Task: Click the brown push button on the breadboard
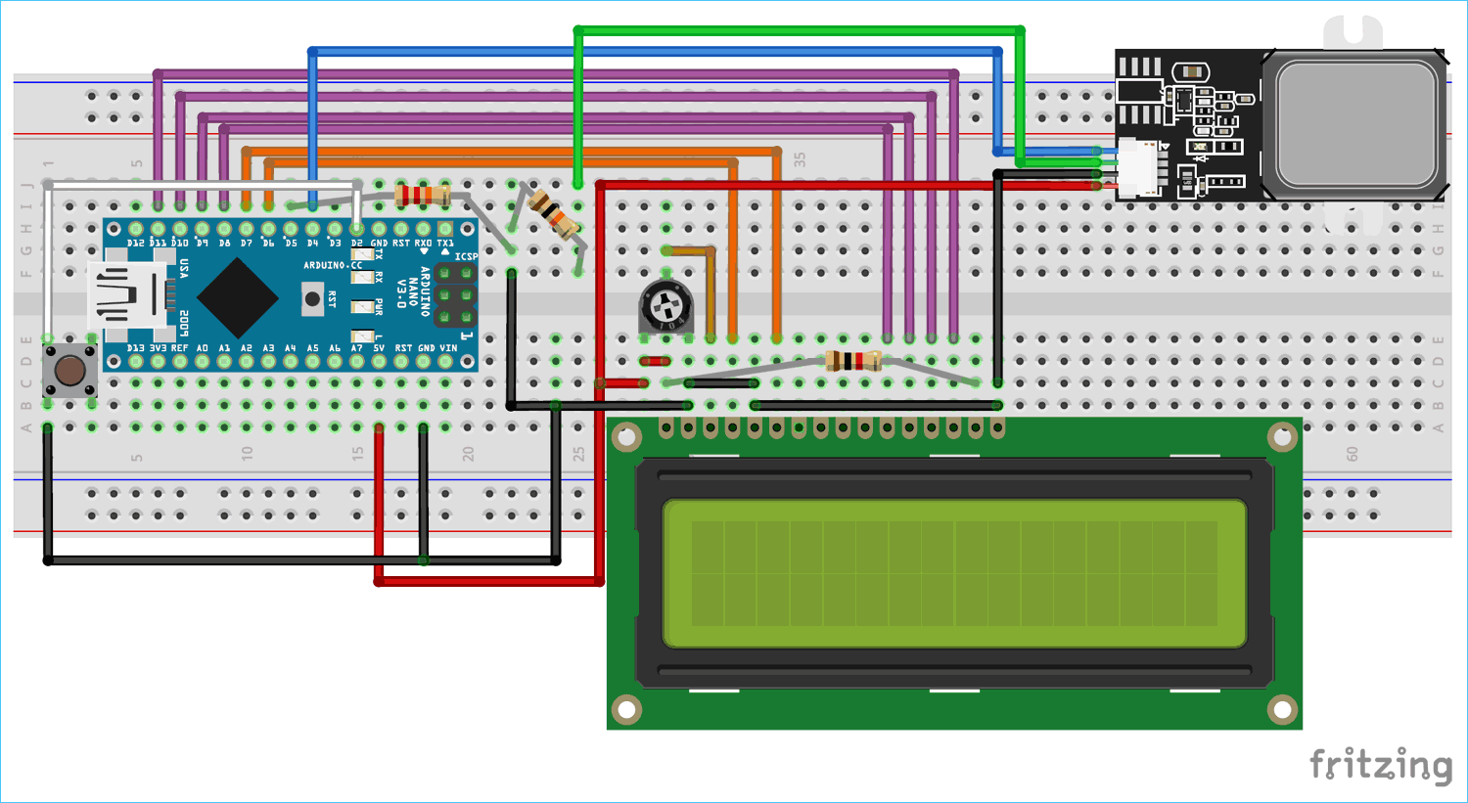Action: tap(69, 371)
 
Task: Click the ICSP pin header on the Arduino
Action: tap(455, 294)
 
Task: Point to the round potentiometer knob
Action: tap(665, 306)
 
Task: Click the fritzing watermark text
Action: tap(1381, 765)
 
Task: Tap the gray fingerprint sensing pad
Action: tap(1354, 124)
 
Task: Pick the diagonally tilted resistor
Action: tap(554, 214)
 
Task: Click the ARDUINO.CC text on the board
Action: tap(332, 265)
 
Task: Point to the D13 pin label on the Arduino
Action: tap(135, 348)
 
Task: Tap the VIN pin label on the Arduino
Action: tap(448, 348)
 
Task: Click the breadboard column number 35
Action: tap(800, 158)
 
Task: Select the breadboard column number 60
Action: tap(1352, 454)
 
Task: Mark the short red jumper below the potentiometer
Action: tap(654, 361)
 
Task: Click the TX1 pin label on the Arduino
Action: tap(445, 243)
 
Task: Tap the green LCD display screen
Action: tap(954, 573)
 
